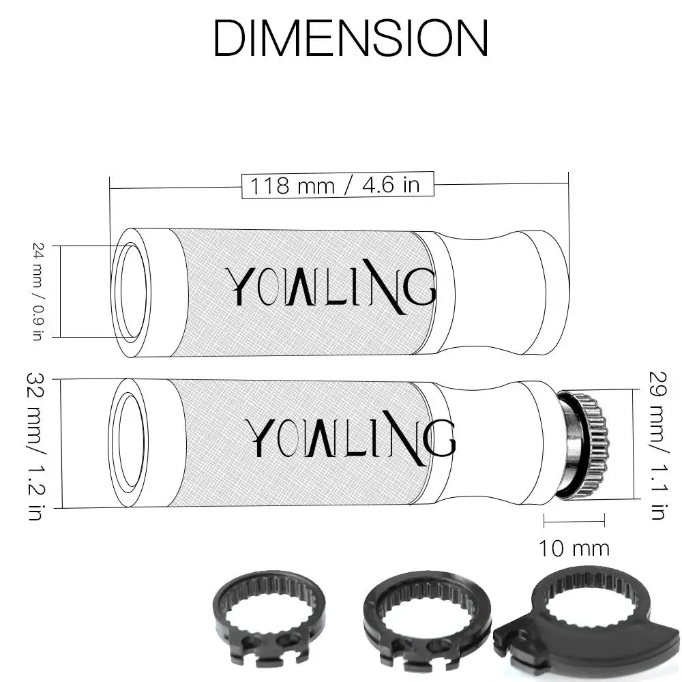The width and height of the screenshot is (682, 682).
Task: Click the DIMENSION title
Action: (351, 38)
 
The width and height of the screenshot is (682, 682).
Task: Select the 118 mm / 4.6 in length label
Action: (335, 186)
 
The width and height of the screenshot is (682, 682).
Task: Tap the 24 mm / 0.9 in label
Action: (39, 291)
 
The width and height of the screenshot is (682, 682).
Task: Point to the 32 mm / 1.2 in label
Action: (35, 446)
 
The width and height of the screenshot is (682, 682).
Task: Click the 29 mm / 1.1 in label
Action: (657, 445)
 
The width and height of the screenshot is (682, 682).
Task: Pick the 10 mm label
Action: (574, 548)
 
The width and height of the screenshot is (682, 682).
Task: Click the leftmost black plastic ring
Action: (269, 618)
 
